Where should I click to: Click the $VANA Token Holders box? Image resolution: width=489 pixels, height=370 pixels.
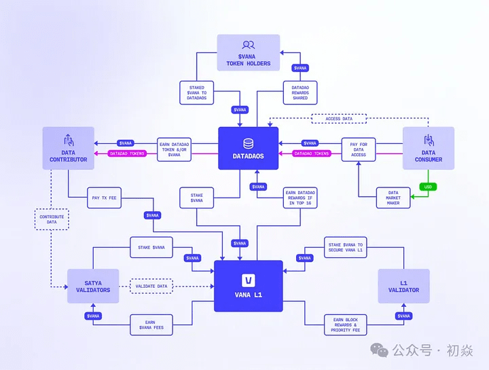click(x=248, y=52)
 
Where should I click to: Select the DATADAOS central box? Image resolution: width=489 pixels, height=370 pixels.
click(x=248, y=148)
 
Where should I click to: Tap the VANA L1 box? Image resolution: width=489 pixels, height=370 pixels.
click(x=248, y=286)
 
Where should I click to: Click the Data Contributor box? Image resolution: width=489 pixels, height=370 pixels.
click(x=68, y=148)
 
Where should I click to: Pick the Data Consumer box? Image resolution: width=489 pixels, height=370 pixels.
click(x=429, y=148)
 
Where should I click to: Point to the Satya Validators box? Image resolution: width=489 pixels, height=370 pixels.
click(x=93, y=286)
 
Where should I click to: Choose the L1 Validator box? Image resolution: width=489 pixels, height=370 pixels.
click(x=403, y=286)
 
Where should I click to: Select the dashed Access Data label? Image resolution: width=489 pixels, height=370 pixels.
click(x=338, y=118)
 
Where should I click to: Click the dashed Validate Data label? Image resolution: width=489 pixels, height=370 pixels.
click(x=151, y=286)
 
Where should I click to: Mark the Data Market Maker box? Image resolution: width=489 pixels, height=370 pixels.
click(x=394, y=198)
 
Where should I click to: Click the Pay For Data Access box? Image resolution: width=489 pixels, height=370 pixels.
click(x=358, y=150)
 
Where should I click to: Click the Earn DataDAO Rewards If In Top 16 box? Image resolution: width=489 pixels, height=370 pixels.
click(x=300, y=198)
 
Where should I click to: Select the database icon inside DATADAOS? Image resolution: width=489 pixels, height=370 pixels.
click(x=248, y=144)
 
